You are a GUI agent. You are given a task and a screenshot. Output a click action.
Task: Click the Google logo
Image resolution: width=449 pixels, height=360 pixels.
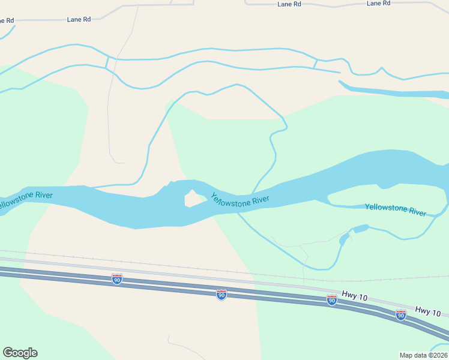point(20,353)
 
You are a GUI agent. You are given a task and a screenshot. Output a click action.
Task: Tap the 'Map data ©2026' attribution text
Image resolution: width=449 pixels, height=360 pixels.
point(423,355)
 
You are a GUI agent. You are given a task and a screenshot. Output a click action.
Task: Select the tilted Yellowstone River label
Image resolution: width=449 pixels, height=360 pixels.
point(240,200)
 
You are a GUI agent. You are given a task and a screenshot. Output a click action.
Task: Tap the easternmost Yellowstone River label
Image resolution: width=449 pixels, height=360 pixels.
point(396,209)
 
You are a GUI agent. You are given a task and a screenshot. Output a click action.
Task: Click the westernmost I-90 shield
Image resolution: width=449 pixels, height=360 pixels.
point(117,279)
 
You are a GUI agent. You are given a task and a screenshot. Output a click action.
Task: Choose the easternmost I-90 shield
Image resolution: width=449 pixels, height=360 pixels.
point(400,315)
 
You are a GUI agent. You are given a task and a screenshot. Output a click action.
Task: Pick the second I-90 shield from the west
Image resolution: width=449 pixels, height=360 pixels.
point(221,295)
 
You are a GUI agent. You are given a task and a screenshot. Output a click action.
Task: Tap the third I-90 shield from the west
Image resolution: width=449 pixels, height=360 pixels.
point(331,300)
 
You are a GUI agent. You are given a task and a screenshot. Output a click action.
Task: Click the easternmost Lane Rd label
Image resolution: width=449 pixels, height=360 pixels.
point(378,4)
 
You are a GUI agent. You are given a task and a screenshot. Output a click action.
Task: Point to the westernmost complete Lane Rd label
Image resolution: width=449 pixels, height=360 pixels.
point(79,19)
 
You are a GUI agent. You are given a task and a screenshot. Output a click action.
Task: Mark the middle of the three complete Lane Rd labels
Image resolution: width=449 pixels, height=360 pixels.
point(289,4)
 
